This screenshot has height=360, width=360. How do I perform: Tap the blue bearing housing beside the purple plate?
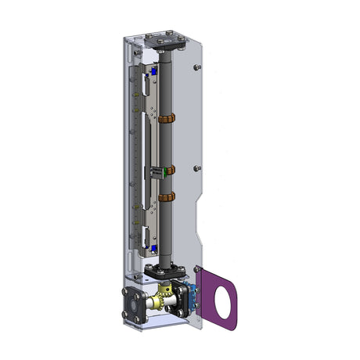pyautogui.click(x=188, y=295)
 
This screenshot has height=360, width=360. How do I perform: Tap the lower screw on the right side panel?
pyautogui.click(x=200, y=167)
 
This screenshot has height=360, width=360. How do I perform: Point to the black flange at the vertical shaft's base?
pyautogui.click(x=167, y=271)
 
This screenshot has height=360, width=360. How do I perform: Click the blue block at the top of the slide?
pyautogui.click(x=155, y=70)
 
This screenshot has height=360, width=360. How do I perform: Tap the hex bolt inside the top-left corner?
pyautogui.click(x=137, y=52)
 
